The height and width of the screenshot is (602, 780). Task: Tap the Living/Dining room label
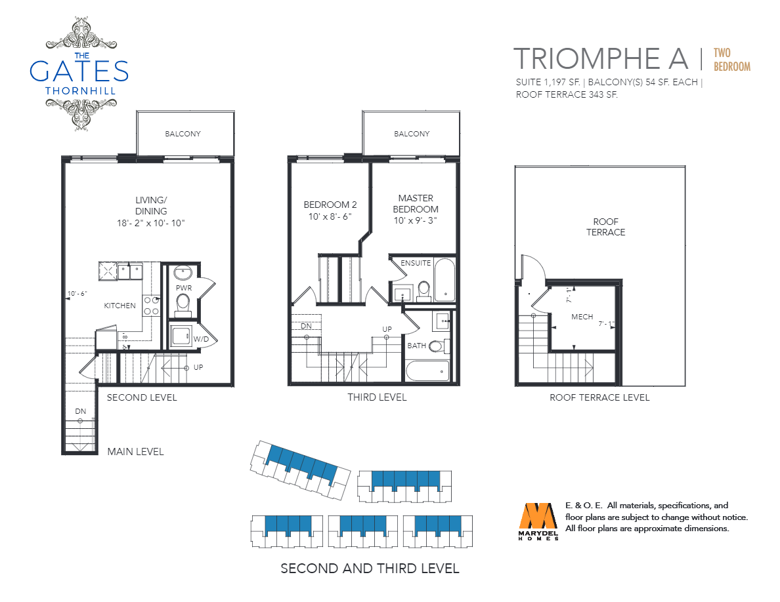[151, 211]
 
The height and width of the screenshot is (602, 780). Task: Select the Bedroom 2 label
[330, 210]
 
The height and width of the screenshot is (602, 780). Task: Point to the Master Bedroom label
[416, 209]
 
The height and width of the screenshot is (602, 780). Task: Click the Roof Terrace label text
[605, 226]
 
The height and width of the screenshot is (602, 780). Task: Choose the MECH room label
[582, 316]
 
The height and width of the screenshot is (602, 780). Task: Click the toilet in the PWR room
[183, 304]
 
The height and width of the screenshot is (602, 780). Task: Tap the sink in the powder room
[183, 273]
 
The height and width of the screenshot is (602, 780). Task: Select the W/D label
[201, 339]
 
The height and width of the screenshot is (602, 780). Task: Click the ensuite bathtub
[444, 279]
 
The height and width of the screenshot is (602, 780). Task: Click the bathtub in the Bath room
[428, 371]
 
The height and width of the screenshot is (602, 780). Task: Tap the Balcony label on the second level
[183, 134]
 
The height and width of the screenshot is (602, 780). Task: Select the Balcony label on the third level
[412, 134]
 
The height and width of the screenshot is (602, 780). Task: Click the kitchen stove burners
[151, 306]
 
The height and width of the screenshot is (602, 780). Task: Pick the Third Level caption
[377, 397]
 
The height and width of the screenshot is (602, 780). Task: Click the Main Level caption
[135, 451]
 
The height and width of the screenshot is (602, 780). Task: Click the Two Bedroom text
[732, 60]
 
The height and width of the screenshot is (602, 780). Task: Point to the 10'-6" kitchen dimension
[77, 294]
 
